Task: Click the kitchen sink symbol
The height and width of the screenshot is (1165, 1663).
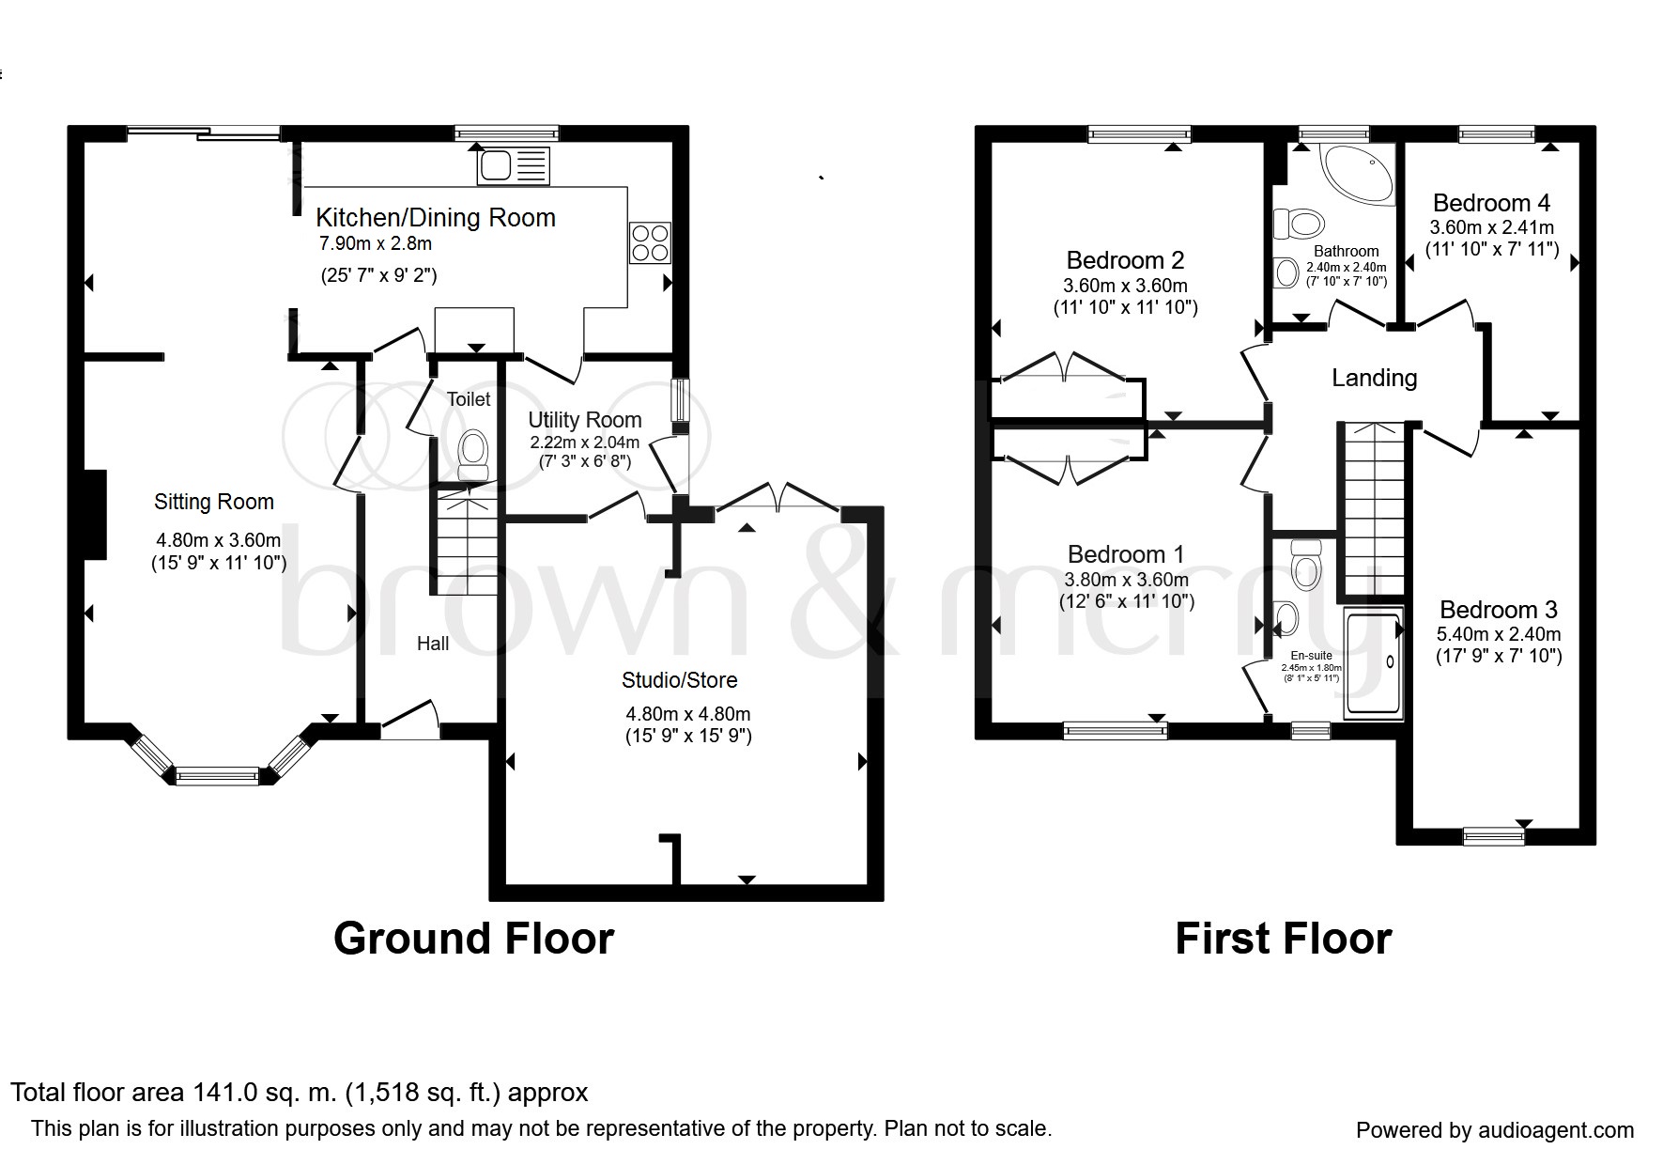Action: coord(514,166)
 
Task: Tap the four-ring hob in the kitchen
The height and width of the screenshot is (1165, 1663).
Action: coord(650,242)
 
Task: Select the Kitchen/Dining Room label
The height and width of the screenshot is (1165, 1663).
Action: coord(436,218)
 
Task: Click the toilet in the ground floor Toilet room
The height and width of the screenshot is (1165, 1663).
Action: coord(472,455)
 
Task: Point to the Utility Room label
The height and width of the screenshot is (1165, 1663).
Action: coord(585,420)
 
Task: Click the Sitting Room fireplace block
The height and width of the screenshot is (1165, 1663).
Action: coord(94,514)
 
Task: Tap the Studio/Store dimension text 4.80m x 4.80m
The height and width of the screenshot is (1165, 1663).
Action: coord(688,714)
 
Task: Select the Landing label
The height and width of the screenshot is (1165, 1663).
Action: coord(1375,378)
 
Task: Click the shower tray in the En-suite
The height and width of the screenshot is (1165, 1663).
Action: coord(1373,663)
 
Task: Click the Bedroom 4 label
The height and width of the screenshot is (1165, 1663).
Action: coord(1491,203)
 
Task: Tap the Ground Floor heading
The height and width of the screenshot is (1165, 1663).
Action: coord(474,939)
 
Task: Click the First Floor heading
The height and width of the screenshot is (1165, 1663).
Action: coord(1284,939)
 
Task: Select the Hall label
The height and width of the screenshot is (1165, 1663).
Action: coord(433,644)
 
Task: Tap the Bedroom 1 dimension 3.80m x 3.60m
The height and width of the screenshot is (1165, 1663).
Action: coord(1127,580)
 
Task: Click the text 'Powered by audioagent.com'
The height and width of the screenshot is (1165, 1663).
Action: coord(1495,1130)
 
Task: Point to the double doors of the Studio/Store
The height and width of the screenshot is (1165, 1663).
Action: coord(778,499)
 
